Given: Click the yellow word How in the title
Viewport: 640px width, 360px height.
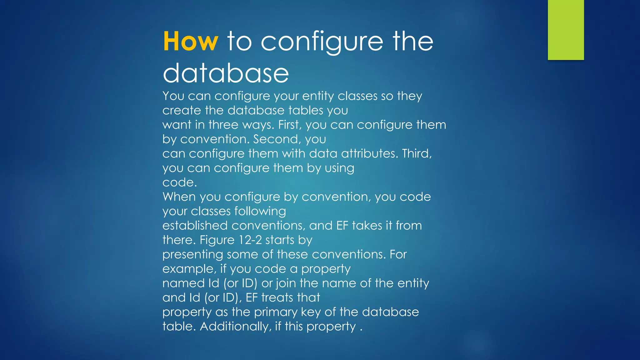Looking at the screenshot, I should [190, 41].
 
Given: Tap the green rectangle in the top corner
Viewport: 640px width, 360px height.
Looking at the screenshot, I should [566, 30].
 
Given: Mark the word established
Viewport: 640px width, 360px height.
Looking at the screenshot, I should [195, 226].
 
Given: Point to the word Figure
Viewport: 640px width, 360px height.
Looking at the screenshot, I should [217, 240].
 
